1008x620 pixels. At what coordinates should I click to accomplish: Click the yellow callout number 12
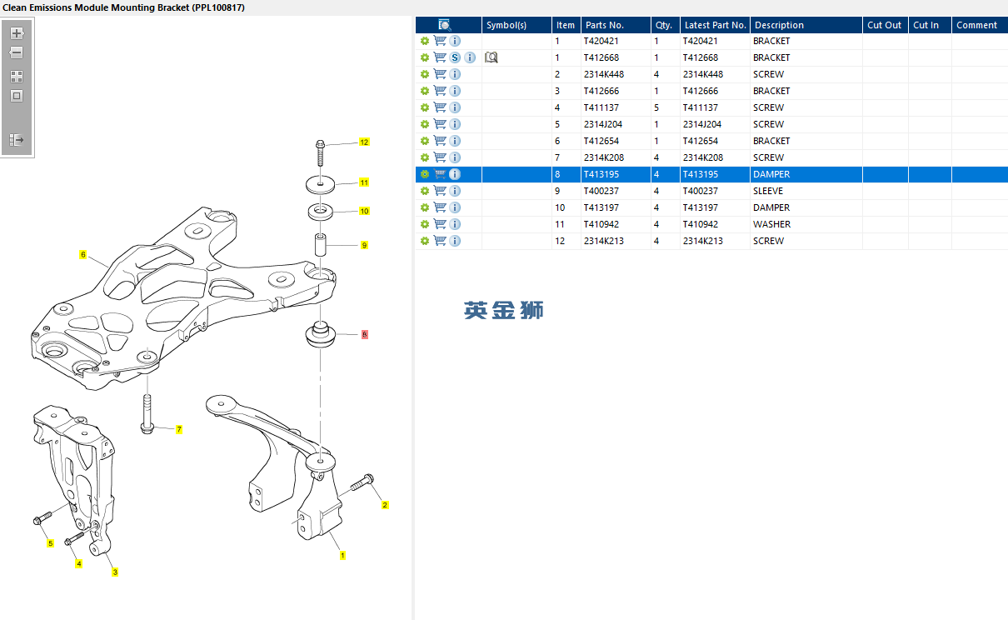click(364, 142)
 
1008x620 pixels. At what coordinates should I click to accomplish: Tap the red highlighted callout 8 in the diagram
click(364, 334)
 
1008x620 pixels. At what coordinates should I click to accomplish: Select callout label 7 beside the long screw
click(179, 429)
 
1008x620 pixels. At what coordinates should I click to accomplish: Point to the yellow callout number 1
click(342, 555)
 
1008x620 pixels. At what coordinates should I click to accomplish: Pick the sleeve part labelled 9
click(320, 247)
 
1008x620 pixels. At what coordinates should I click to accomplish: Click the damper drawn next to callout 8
click(320, 336)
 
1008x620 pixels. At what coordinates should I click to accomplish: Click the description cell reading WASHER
click(771, 224)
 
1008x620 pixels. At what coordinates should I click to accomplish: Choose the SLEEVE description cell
click(767, 191)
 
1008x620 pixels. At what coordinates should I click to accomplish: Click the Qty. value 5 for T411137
click(656, 107)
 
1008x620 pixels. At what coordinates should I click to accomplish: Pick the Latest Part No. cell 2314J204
click(701, 124)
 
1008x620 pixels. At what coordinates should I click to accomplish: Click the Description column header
click(779, 25)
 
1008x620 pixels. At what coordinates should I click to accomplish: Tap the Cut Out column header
click(884, 25)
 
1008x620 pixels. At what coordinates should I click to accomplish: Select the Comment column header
click(976, 25)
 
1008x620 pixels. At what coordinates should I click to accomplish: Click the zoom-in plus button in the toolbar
click(17, 33)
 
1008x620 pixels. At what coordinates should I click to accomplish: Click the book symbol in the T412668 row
click(492, 57)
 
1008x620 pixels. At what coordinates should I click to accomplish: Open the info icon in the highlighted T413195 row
click(455, 174)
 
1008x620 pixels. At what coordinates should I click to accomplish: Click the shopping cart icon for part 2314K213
click(440, 241)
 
